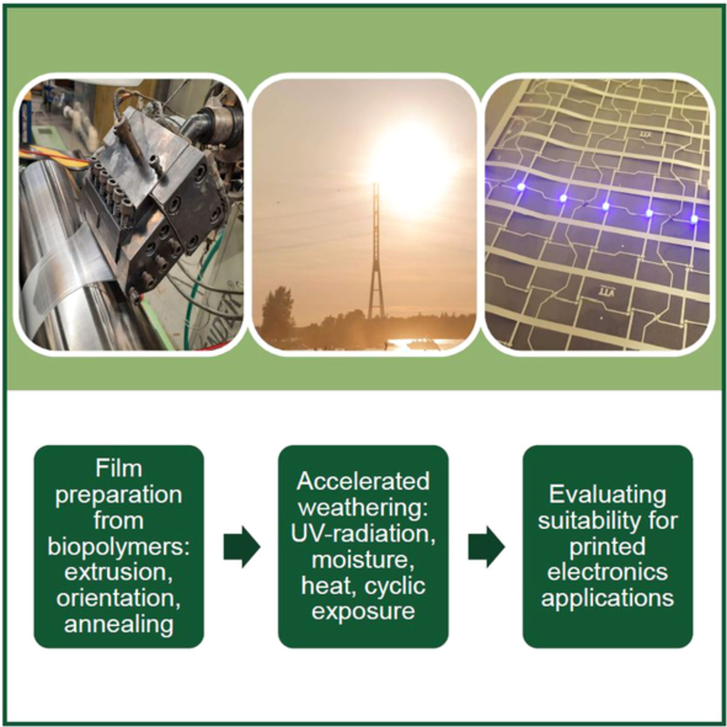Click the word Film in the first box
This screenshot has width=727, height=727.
click(x=119, y=468)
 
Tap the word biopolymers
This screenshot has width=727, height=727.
click(x=119, y=547)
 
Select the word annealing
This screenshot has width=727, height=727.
click(x=119, y=624)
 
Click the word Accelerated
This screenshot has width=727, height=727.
click(x=363, y=481)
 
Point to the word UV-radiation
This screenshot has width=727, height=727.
click(x=363, y=534)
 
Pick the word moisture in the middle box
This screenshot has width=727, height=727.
click(x=363, y=560)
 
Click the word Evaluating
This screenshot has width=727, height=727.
click(x=608, y=495)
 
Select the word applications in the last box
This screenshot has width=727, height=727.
click(x=608, y=598)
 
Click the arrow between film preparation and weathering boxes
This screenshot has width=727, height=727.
click(x=242, y=547)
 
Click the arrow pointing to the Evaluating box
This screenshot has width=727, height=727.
click(x=487, y=547)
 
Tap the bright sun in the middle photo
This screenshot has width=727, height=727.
click(x=411, y=167)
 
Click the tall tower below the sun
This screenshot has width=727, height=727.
click(x=376, y=250)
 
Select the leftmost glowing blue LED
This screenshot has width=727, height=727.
click(x=521, y=186)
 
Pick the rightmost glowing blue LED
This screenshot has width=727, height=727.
click(x=694, y=219)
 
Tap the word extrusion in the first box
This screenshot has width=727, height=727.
click(x=119, y=573)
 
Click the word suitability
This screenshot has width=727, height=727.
click(x=608, y=521)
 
